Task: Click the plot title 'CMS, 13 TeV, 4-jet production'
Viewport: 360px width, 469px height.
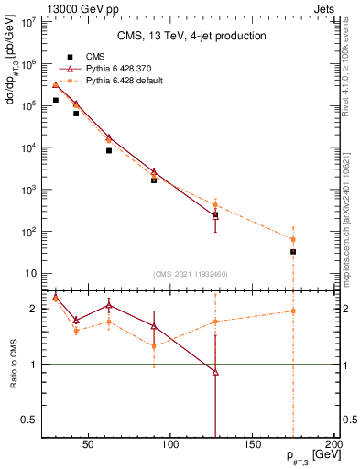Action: (191, 37)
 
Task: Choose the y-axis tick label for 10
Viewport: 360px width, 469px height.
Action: (29, 273)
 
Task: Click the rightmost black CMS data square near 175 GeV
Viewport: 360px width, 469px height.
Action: (293, 251)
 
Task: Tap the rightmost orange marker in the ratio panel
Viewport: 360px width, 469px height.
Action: (293, 311)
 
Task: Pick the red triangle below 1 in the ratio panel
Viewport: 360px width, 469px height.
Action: (215, 372)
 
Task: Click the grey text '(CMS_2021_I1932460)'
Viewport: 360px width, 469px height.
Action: (191, 272)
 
